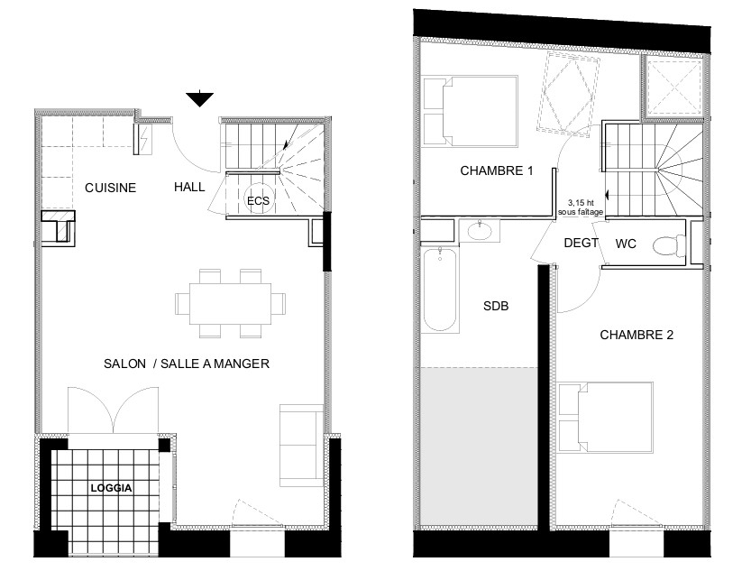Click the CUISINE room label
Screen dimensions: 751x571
pos(111,188)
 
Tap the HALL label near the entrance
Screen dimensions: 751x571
pos(189,187)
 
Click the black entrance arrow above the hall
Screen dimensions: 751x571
pos(200,98)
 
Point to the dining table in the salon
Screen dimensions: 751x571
pos(231,304)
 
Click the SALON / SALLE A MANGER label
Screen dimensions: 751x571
pos(187,364)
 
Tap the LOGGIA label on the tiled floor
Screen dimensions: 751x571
pos(111,488)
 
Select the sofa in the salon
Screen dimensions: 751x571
pos(301,446)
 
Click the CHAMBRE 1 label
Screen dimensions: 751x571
pos(497,170)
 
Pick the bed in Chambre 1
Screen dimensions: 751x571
pos(471,111)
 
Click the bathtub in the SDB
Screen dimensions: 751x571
pos(441,289)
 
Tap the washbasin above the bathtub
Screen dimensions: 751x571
pos(480,230)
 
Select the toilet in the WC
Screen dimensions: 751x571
pos(669,244)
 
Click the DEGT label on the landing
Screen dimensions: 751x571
pos(581,243)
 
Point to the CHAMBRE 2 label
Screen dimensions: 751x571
pos(637,335)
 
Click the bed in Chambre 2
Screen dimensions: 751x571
pos(606,418)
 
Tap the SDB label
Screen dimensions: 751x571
pos(496,306)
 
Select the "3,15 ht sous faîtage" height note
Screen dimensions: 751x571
pos(581,207)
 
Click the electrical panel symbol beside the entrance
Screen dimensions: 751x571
pos(143,140)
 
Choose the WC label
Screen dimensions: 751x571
pos(626,244)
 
